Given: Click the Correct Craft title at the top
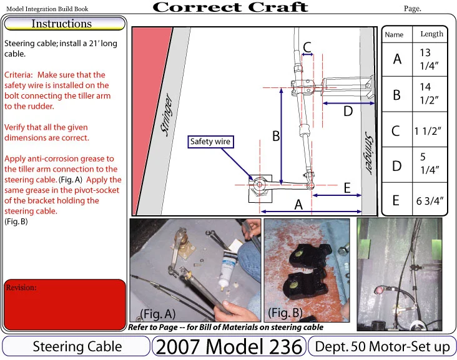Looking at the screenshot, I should (230, 7).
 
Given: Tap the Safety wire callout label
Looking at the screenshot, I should (210, 142).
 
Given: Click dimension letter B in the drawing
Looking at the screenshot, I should (275, 136).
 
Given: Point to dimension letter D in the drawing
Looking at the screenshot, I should (348, 111).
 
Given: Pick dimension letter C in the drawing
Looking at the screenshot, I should (307, 47).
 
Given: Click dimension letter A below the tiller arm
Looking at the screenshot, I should (299, 204).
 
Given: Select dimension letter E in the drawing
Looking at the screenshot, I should (346, 187).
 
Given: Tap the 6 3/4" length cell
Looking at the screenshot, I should (429, 200).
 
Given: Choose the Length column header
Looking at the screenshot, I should (431, 34).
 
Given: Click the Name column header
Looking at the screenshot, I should (395, 35).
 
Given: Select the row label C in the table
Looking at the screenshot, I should (396, 131).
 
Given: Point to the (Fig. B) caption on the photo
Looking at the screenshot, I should (287, 311).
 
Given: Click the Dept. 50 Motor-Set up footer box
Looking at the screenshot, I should (382, 347).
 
